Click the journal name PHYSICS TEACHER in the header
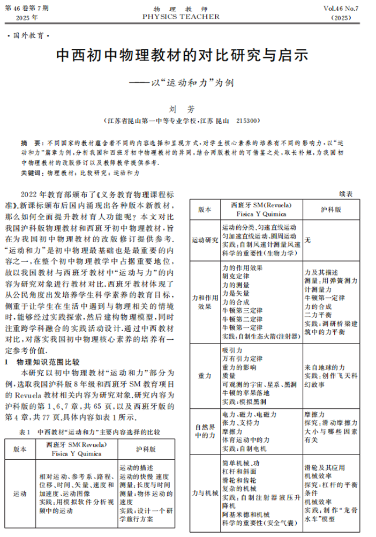click(181, 17)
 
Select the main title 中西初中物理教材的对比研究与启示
click(182, 55)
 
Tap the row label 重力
click(205, 375)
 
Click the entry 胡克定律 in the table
click(235, 277)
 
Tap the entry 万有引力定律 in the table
click(242, 359)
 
